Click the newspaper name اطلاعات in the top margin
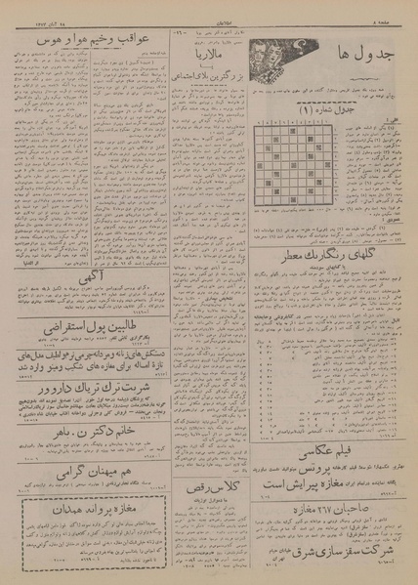click(209, 7)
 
